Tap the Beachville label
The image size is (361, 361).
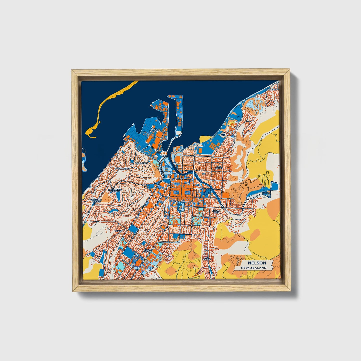(142, 163)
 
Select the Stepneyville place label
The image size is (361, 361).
(123, 169)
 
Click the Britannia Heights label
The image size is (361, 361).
(96, 201)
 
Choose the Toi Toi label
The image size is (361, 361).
(118, 231)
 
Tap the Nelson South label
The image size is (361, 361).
(148, 251)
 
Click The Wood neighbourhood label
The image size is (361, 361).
(219, 167)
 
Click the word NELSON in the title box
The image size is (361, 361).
(257, 263)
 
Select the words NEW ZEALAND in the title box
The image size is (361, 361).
(253, 268)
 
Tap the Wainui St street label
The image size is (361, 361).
(188, 155)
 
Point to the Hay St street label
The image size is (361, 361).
(145, 149)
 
